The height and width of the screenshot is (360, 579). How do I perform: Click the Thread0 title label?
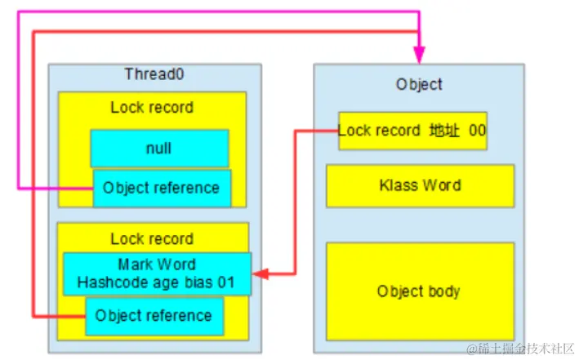pyautogui.click(x=154, y=74)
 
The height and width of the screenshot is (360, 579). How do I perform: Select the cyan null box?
pyautogui.click(x=159, y=149)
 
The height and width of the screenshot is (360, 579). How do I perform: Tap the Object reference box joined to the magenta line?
pyautogui.click(x=161, y=188)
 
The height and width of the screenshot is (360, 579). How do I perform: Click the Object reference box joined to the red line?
pyautogui.click(x=154, y=315)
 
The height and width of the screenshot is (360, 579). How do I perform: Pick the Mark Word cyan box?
pyautogui.click(x=156, y=273)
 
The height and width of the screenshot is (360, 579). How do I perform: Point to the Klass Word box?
pyautogui.click(x=420, y=185)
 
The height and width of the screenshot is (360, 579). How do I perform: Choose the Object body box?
pyautogui.click(x=420, y=291)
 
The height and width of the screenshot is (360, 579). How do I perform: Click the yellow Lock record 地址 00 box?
pyautogui.click(x=412, y=131)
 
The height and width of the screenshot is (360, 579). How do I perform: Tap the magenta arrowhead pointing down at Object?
pyautogui.click(x=420, y=54)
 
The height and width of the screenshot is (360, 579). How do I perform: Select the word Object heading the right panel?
pyautogui.click(x=419, y=84)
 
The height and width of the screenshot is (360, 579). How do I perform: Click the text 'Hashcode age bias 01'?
pyautogui.click(x=156, y=282)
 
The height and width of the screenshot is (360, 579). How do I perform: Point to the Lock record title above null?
pyautogui.click(x=152, y=108)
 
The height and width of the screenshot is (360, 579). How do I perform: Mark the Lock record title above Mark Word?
pyautogui.click(x=152, y=239)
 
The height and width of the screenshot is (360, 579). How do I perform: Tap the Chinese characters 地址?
pyautogui.click(x=445, y=131)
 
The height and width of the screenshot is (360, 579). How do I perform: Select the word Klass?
pyautogui.click(x=399, y=185)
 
